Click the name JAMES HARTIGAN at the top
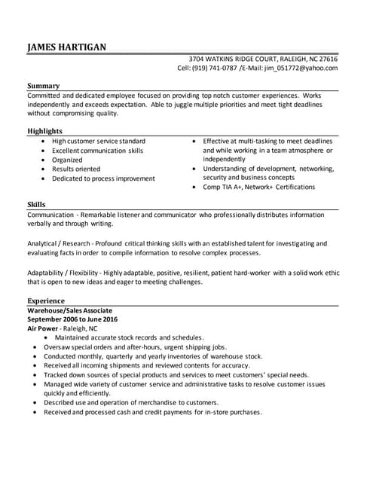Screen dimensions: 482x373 [66, 47]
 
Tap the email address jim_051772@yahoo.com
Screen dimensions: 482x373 [300, 68]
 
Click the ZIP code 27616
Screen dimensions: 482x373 [329, 59]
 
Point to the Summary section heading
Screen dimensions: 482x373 [43, 86]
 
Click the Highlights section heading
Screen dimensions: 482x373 [44, 131]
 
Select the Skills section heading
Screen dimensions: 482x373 [35, 204]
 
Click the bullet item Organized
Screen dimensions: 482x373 [67, 160]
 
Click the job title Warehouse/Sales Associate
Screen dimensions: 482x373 [71, 310]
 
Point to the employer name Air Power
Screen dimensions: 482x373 [42, 328]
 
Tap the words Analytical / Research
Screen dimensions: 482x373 [58, 243]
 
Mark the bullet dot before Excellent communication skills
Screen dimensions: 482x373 [44, 151]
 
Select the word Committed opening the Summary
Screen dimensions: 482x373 [44, 96]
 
